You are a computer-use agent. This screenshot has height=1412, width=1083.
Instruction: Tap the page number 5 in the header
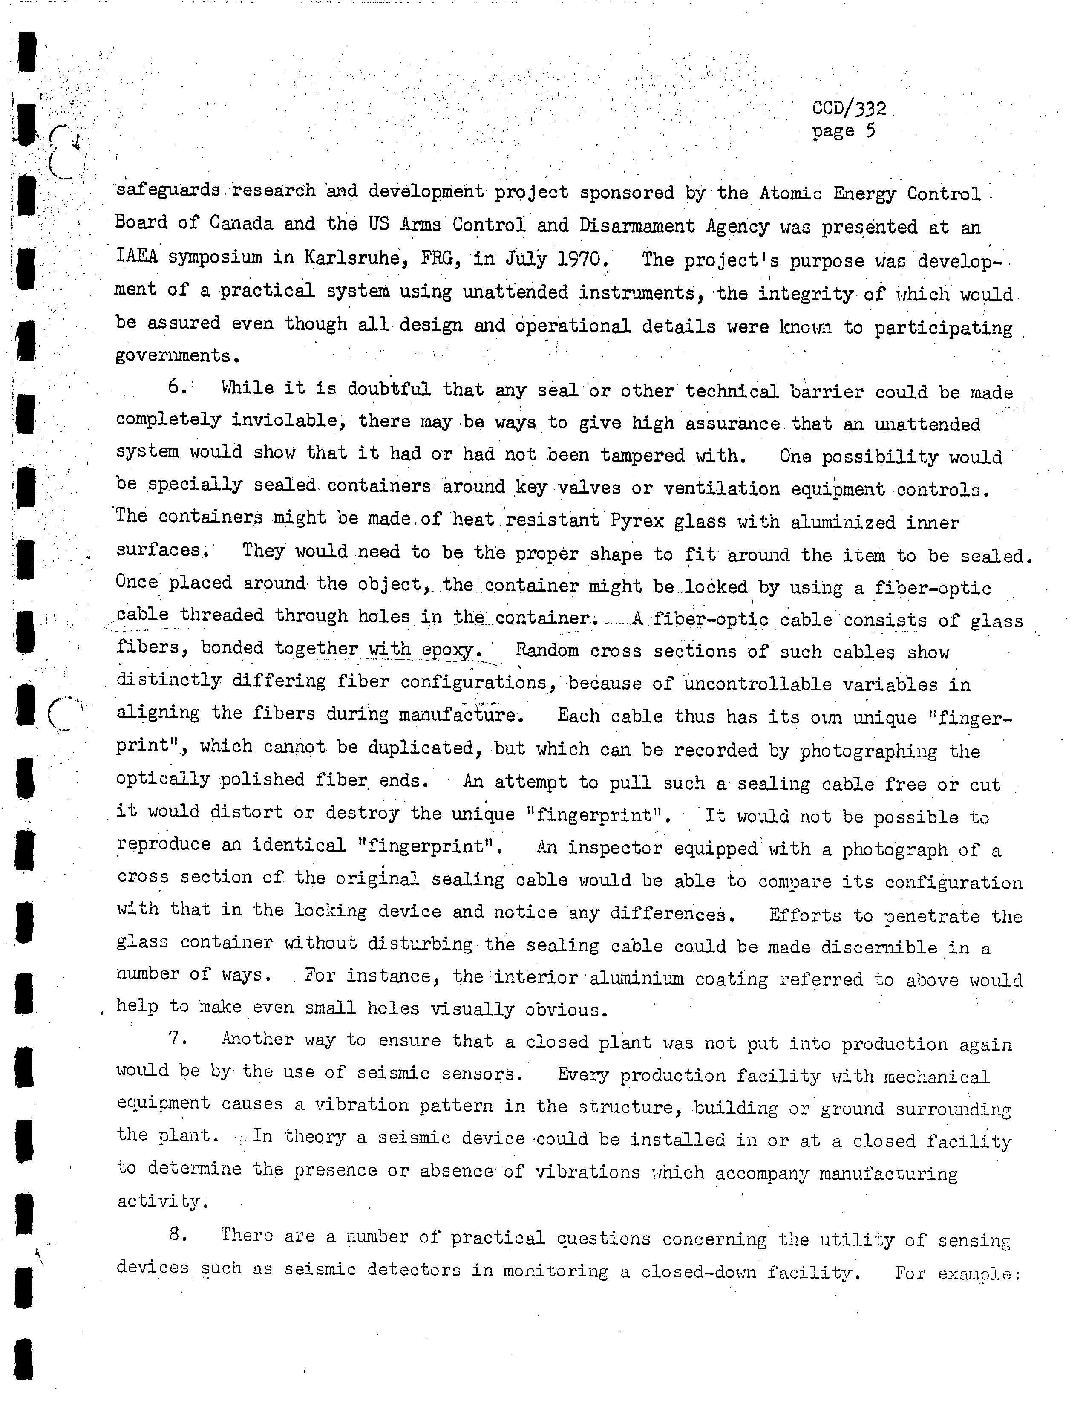pyautogui.click(x=870, y=132)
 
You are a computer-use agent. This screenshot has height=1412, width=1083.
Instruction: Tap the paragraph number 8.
pyautogui.click(x=177, y=1235)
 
